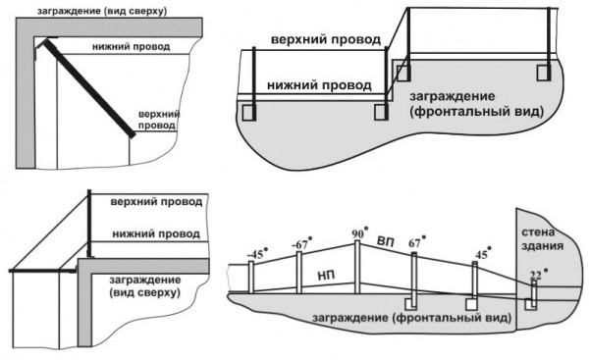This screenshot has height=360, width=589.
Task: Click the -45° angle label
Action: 257,253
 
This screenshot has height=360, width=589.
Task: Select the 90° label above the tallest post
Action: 359,232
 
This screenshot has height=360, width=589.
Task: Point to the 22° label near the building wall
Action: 538,276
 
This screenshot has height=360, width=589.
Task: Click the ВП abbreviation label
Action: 386,242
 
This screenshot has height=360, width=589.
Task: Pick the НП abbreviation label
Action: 327,276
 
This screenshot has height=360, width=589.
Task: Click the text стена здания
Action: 538,238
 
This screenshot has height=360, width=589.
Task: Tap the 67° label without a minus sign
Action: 417,242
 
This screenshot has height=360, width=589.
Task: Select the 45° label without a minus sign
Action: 483,254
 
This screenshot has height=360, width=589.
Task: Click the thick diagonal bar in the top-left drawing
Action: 90,88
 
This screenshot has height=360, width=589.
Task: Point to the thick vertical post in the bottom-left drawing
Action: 89,224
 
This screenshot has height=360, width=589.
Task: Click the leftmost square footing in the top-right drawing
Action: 248,112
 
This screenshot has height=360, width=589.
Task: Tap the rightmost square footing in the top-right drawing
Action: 544,73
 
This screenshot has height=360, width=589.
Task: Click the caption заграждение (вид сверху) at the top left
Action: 102,11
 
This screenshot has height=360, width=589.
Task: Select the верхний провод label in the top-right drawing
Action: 326,39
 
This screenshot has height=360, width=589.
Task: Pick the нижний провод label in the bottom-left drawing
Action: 156,233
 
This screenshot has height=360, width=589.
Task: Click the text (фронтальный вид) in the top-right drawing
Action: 477,112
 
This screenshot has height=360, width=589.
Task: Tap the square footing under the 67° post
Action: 410,304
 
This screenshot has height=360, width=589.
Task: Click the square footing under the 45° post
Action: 472,304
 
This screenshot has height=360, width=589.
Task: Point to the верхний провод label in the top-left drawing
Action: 159,120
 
